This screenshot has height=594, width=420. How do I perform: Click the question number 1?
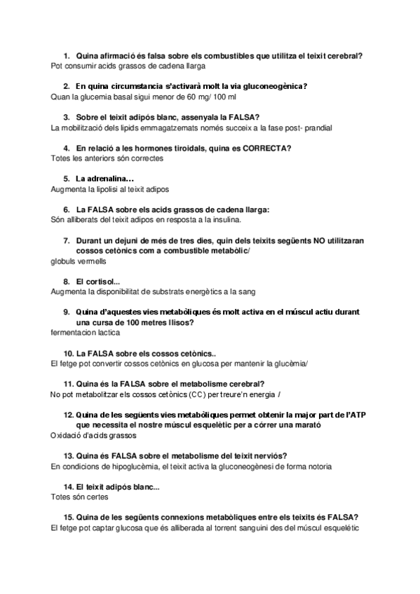pyautogui.click(x=66, y=55)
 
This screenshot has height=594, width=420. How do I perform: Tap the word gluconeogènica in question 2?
pyautogui.click(x=271, y=86)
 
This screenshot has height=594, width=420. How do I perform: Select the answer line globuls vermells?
pyautogui.click(x=79, y=261)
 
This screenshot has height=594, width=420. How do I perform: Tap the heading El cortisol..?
pyautogui.click(x=97, y=282)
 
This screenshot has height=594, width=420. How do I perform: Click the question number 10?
pyautogui.click(x=68, y=353)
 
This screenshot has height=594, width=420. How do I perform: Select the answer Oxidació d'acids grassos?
pyautogui.click(x=94, y=435)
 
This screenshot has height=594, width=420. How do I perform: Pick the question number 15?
pyautogui.click(x=68, y=517)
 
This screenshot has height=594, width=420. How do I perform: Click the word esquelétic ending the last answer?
pyautogui.click(x=339, y=527)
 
